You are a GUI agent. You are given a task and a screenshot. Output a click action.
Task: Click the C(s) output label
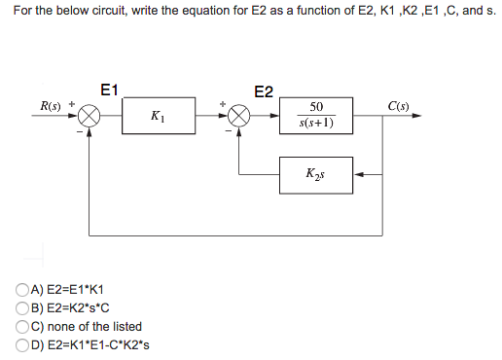click(x=398, y=104)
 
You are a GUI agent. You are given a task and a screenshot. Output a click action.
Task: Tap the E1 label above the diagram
click(x=109, y=90)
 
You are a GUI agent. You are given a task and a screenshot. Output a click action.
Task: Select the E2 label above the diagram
click(x=264, y=92)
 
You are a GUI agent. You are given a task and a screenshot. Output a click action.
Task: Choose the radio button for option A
click(x=21, y=289)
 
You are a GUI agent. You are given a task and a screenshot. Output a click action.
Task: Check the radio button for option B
click(x=21, y=307)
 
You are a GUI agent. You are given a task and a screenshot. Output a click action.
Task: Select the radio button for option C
click(x=21, y=326)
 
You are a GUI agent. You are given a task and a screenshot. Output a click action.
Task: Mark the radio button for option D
click(x=21, y=344)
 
